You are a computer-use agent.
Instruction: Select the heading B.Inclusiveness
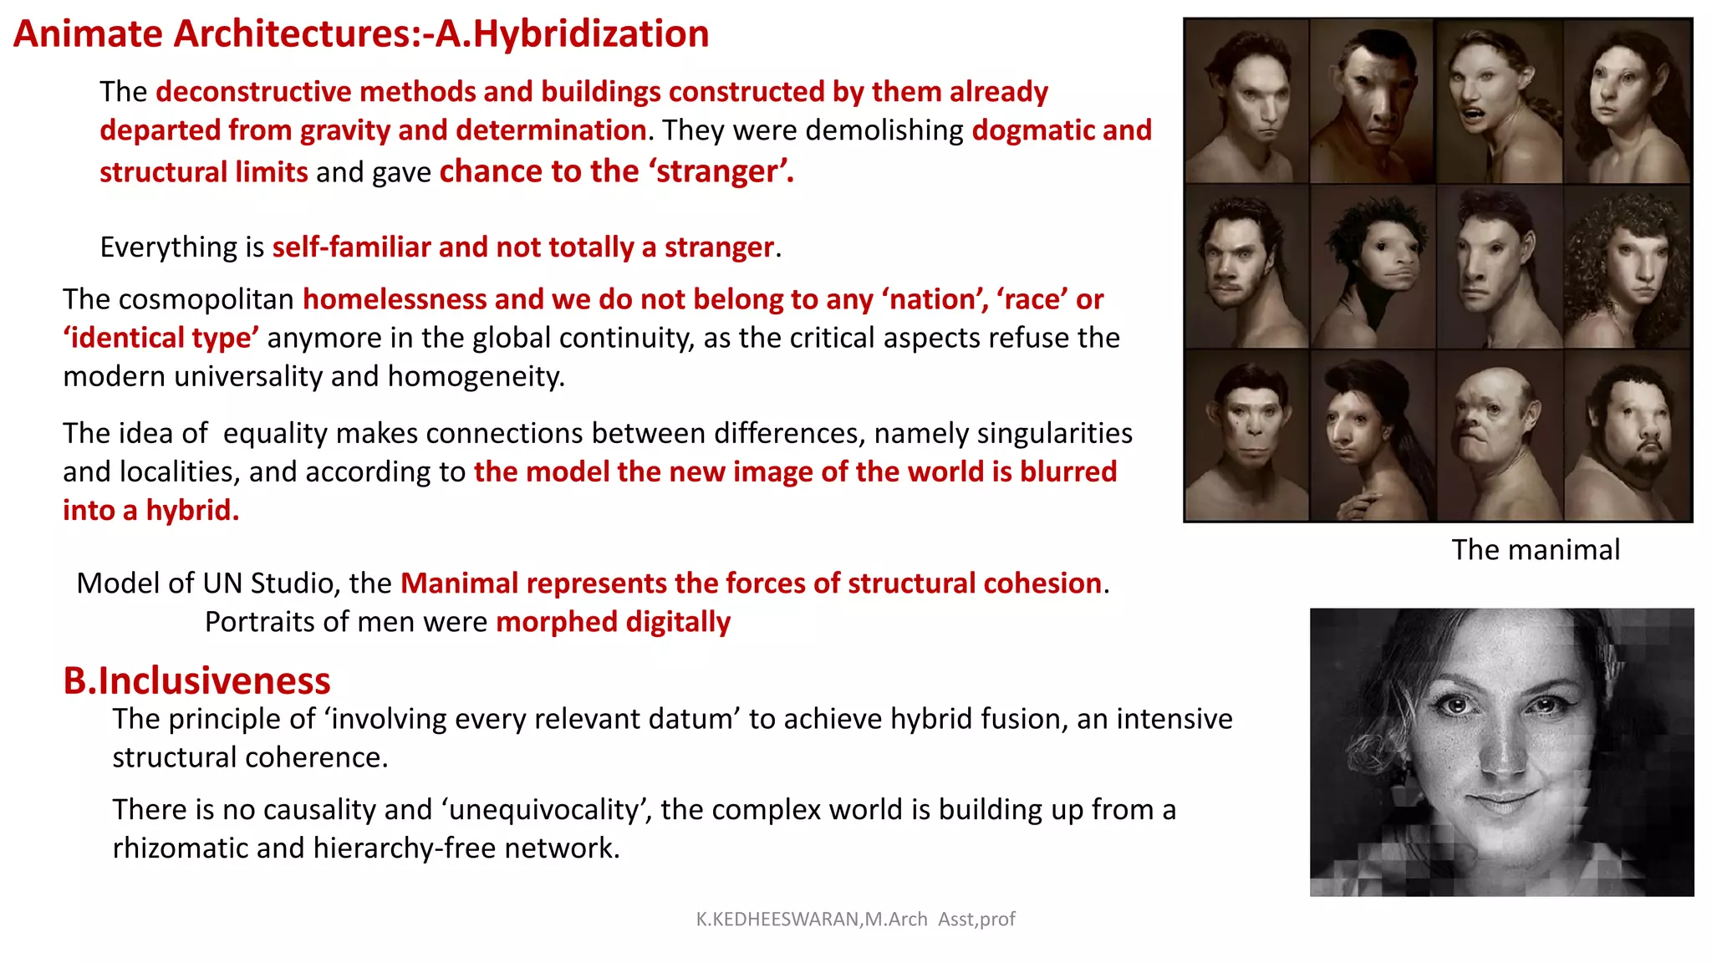pyautogui.click(x=196, y=680)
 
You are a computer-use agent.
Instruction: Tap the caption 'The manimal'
pyautogui.click(x=1536, y=550)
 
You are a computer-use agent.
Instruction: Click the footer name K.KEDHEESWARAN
pyautogui.click(x=777, y=920)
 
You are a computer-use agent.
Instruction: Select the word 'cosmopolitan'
pyautogui.click(x=206, y=299)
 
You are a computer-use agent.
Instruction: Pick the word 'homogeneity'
pyautogui.click(x=475, y=377)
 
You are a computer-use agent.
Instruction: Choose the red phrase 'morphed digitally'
pyautogui.click(x=613, y=623)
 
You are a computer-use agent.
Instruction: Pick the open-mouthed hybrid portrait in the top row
pyautogui.click(x=1496, y=100)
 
